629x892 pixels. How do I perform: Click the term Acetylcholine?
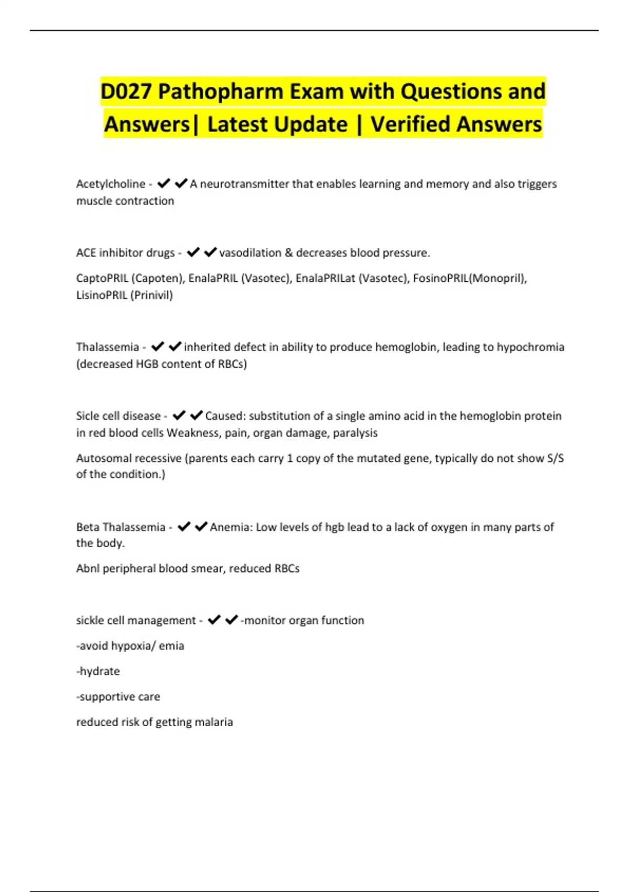[111, 184]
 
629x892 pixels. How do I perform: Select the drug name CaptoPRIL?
[102, 278]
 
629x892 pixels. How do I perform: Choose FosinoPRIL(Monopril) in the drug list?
[469, 278]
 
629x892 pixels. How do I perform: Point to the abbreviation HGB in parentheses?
[147, 364]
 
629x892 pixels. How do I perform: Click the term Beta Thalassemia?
[121, 527]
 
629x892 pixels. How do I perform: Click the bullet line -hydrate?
[98, 671]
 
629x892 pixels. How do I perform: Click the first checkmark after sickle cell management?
[214, 620]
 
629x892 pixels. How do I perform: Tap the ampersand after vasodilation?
[289, 253]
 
